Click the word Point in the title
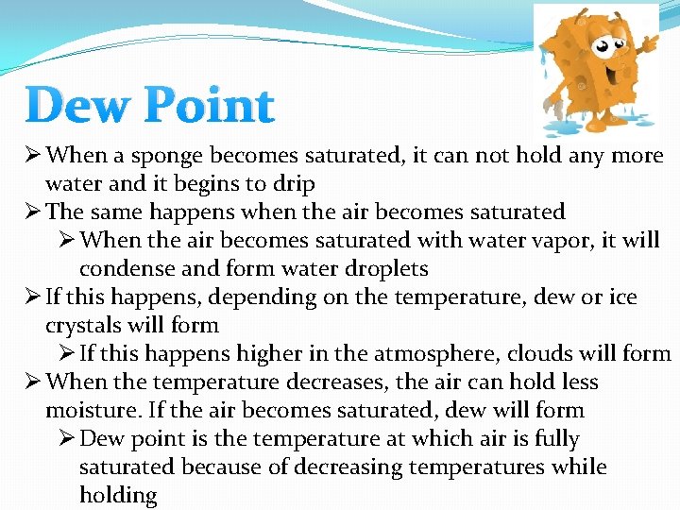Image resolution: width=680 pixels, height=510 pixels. (x=208, y=106)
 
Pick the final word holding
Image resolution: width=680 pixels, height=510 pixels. (x=117, y=495)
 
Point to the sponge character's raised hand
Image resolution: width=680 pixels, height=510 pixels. (x=651, y=43)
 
